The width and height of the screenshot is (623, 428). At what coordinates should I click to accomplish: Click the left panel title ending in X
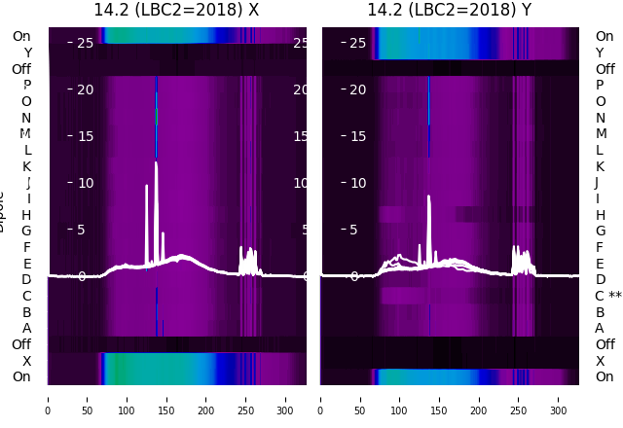pos(176,10)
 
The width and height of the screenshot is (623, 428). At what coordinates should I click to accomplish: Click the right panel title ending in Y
pos(450,10)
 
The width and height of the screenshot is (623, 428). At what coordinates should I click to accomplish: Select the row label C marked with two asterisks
pos(607,296)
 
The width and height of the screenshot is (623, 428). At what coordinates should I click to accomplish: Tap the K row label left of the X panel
pos(26,166)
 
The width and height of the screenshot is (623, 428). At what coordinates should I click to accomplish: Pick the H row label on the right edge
pos(600,215)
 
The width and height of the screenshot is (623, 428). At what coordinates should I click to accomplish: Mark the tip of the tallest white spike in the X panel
pos(156,162)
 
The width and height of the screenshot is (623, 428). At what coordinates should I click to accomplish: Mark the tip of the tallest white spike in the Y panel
pos(429,196)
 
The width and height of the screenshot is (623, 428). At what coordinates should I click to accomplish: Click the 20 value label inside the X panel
pos(85,89)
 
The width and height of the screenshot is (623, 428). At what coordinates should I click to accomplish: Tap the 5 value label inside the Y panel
pos(354,231)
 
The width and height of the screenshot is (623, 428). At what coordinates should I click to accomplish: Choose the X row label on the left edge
pos(26,361)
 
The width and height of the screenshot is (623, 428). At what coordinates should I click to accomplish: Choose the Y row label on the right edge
pos(600,53)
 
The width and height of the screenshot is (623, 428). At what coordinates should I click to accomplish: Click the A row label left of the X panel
pos(26,328)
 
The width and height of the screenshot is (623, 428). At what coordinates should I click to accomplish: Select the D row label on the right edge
pos(600,280)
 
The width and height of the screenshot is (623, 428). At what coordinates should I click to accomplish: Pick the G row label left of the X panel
pos(26,231)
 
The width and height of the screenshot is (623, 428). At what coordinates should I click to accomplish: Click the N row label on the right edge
pos(600,118)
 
